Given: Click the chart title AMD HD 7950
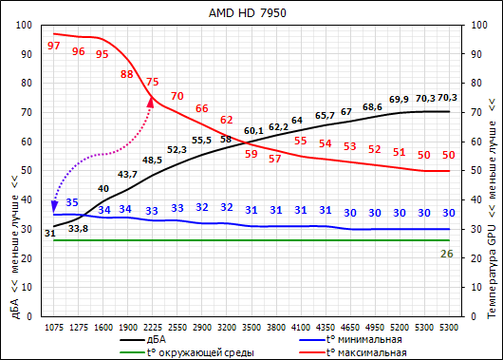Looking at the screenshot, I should pos(251,13).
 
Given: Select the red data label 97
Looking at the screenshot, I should pos(53,46).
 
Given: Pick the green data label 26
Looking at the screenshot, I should pos(448,254).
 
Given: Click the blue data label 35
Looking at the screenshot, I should pos(72,202).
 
